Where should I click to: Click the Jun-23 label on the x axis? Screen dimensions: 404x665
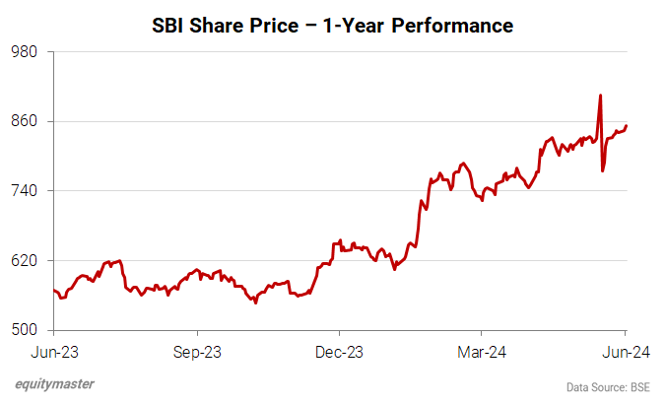(x=53, y=351)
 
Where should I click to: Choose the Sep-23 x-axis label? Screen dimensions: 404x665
(x=196, y=351)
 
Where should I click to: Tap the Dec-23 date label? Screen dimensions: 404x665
(x=339, y=351)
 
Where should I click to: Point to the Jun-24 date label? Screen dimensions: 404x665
(x=625, y=351)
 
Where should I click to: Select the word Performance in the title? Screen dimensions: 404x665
(x=452, y=26)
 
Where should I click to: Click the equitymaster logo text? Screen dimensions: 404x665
(x=55, y=385)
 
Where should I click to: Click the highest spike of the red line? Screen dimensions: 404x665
(x=600, y=96)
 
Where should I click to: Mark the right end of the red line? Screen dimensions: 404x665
(x=627, y=125)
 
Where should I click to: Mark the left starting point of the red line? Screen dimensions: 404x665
(x=53, y=290)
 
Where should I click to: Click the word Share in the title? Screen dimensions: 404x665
(x=222, y=26)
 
